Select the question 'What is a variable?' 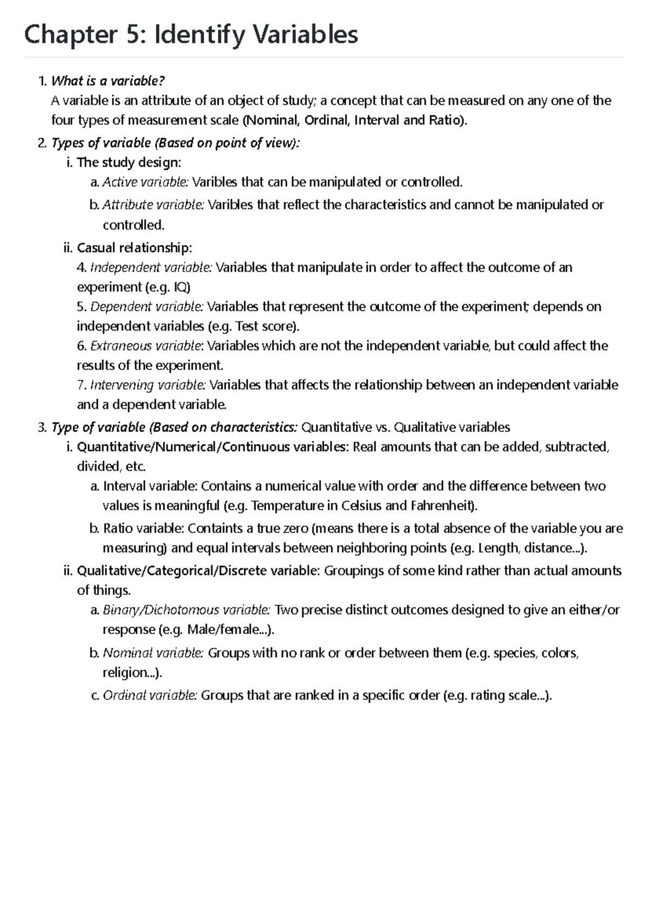pos(107,81)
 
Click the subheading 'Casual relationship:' pos(134,248)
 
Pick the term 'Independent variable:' pos(151,268)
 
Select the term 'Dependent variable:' pos(147,307)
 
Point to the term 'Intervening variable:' pos(148,385)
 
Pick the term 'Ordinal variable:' pos(150,696)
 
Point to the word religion pos(125,673)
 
